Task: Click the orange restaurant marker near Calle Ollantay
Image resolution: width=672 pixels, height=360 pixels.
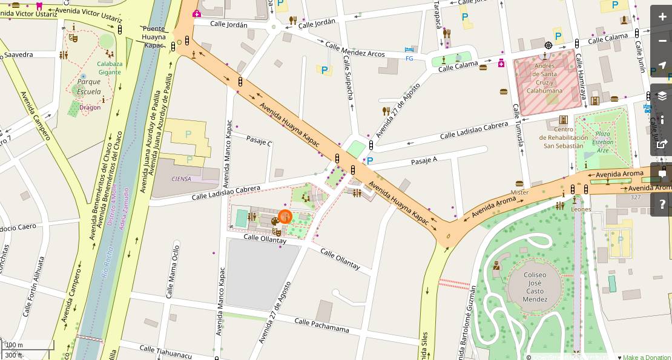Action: [x=285, y=217]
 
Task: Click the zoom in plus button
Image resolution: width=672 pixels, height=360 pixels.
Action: [x=662, y=16]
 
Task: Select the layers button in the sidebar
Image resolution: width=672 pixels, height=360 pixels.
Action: [x=662, y=96]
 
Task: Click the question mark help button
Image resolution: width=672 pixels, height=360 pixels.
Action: [x=662, y=204]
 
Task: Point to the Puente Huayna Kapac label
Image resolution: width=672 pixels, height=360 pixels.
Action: [x=154, y=36]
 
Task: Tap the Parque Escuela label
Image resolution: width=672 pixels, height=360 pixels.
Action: [x=89, y=87]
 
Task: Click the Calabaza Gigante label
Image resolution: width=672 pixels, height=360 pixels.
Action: [x=110, y=68]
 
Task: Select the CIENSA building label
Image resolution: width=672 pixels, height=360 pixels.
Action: [x=181, y=178]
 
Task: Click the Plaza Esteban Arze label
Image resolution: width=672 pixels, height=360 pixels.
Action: [x=602, y=142]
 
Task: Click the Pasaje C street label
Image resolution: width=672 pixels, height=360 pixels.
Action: [x=259, y=140]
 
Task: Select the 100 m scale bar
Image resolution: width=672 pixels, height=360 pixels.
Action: [x=27, y=345]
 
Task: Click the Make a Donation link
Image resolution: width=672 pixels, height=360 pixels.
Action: [x=647, y=357]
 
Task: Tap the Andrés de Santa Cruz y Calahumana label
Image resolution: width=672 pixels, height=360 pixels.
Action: [x=544, y=78]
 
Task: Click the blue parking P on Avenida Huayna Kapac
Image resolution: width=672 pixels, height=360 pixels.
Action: [x=369, y=161]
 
